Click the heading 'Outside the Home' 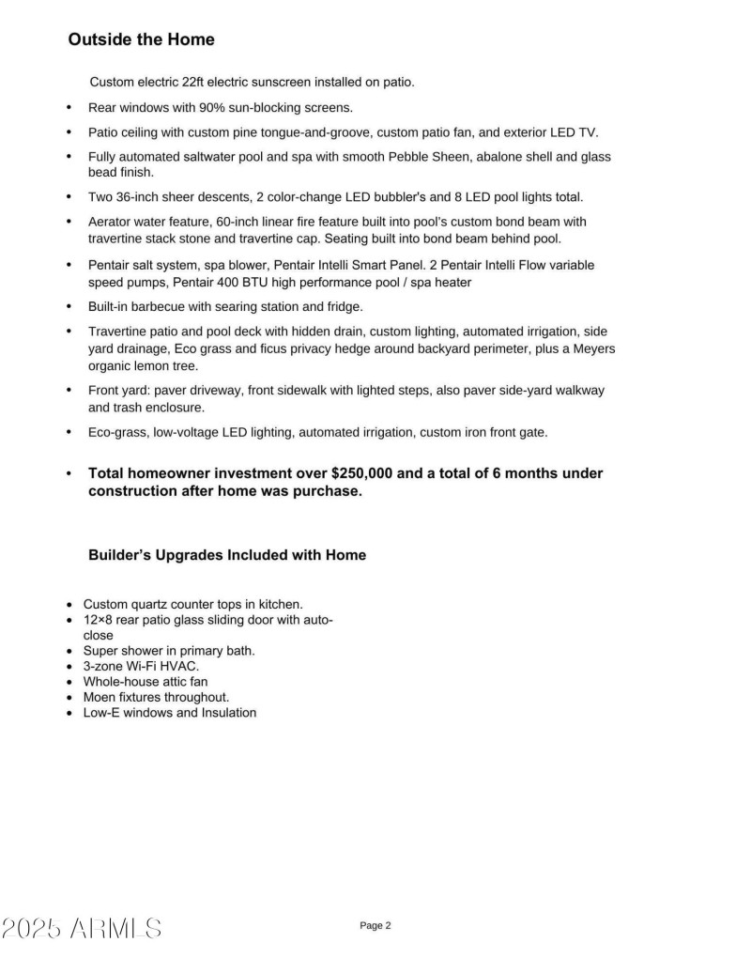(141, 39)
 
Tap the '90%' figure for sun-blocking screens (215, 108)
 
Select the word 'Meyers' (594, 349)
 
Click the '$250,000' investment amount (362, 473)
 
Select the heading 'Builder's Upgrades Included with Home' (227, 555)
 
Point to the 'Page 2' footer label (375, 926)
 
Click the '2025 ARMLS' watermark (81, 930)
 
